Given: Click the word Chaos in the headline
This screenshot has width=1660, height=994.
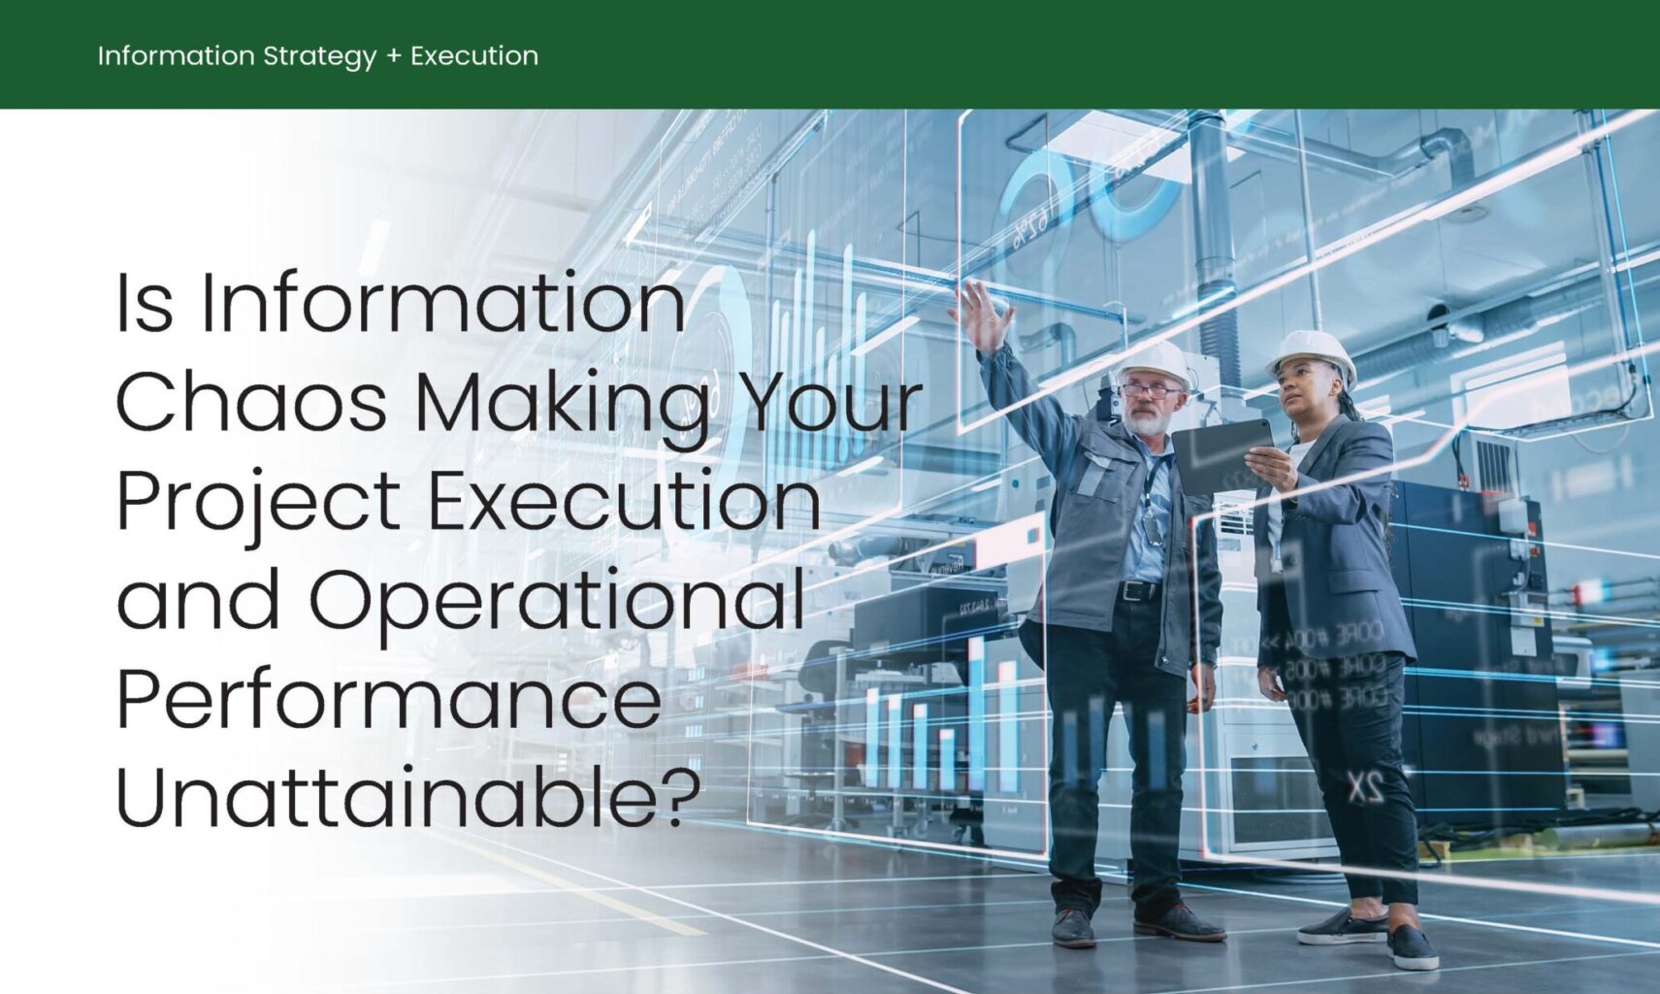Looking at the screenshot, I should coord(251,402).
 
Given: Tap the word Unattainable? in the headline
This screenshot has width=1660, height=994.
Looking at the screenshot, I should coord(407,798).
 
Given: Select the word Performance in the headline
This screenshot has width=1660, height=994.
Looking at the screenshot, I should coord(388,699).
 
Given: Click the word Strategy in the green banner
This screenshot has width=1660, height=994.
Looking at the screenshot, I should coord(319,56).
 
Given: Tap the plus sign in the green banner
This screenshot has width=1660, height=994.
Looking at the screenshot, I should coord(393,56).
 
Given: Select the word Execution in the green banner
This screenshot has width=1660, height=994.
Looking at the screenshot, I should coord(474,56).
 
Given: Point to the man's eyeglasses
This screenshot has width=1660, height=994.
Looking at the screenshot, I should coord(1151,391).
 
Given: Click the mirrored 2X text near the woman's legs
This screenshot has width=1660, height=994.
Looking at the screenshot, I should coord(1364,788).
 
